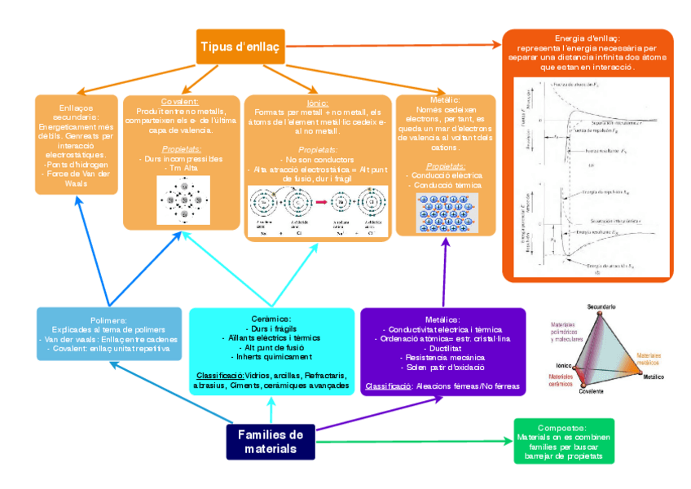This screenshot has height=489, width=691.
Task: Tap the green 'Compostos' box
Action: pos(564,441)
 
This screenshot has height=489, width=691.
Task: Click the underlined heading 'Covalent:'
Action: pos(181,101)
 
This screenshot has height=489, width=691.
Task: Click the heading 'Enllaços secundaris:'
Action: pos(75,111)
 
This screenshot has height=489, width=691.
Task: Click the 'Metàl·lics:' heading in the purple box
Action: pos(442,320)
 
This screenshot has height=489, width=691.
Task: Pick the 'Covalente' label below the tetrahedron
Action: pos(592,392)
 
